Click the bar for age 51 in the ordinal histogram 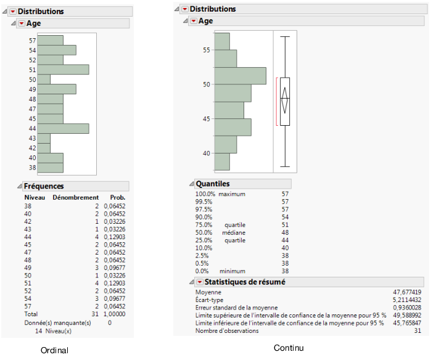pos(63,70)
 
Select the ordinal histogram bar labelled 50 pos(44,80)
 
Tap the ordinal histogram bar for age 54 pos(57,50)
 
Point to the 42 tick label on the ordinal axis pos(32,148)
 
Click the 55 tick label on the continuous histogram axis pos(207,50)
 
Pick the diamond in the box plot pos(285,100)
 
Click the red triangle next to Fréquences pos(18,186)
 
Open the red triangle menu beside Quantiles pos(191,184)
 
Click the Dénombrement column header pos(75,197)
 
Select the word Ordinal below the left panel pos(54,350)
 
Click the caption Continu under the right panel pos(289,348)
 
